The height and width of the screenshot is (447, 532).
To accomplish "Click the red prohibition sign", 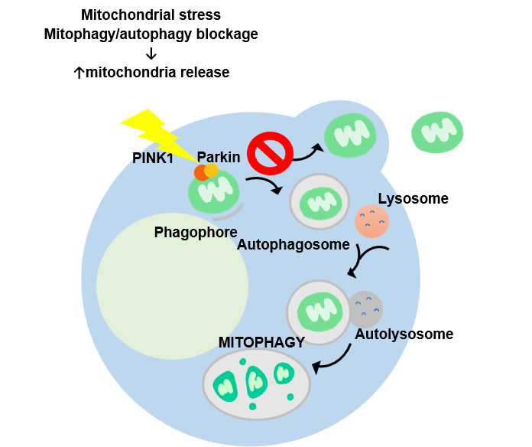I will [271, 153].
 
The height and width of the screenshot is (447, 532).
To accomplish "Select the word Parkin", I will [219, 157].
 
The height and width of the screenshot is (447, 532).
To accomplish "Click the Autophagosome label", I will [294, 245].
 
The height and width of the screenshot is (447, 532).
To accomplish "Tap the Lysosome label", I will [413, 199].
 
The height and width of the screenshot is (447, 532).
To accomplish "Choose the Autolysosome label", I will [404, 334].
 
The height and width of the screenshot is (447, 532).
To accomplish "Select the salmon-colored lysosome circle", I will [372, 221].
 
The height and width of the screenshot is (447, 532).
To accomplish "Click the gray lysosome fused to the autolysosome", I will [366, 308].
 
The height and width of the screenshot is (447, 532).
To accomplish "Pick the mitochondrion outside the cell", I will [437, 132].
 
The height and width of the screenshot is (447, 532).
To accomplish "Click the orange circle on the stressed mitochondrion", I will [212, 170].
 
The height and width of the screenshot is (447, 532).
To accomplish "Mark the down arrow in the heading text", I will [151, 54].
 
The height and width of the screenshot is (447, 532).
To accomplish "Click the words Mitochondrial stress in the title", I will [151, 15].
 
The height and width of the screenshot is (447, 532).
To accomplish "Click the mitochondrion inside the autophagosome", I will [319, 203].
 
